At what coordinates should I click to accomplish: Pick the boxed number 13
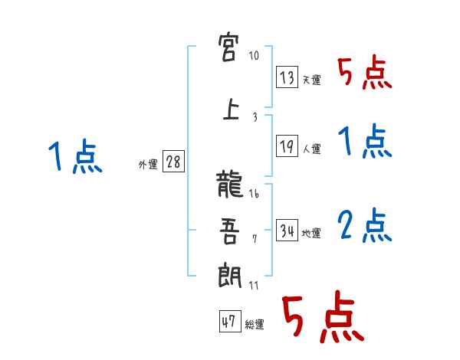click(287, 77)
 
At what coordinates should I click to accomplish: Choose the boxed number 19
click(287, 146)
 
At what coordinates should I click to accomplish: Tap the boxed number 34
click(287, 231)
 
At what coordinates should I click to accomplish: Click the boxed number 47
click(229, 322)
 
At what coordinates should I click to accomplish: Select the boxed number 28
click(173, 162)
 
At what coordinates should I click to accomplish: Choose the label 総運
click(254, 325)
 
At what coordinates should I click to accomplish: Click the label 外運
click(147, 164)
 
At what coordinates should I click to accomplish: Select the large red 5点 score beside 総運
click(321, 319)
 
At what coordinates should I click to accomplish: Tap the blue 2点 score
click(366, 225)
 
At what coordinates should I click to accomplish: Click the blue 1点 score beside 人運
click(366, 142)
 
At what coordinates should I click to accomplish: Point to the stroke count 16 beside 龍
click(255, 195)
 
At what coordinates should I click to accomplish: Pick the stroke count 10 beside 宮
click(255, 56)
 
